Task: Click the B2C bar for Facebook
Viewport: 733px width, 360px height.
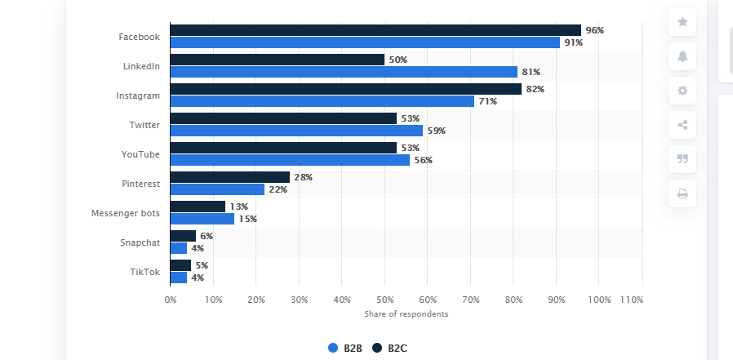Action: pyautogui.click(x=375, y=30)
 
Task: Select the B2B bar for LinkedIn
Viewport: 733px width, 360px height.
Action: pyautogui.click(x=344, y=72)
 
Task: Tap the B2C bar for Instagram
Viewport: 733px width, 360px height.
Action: pyautogui.click(x=345, y=89)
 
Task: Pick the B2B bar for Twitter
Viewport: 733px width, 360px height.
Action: pyautogui.click(x=296, y=131)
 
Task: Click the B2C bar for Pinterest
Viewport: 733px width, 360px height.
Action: pyautogui.click(x=229, y=177)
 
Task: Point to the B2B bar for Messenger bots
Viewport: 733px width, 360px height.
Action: pyautogui.click(x=202, y=219)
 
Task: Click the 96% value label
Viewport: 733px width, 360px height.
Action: pyautogui.click(x=594, y=30)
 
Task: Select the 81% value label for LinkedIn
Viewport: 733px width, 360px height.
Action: pyautogui.click(x=530, y=72)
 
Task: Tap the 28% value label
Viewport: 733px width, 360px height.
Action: pyautogui.click(x=303, y=177)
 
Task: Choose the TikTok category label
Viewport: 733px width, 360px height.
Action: pyautogui.click(x=146, y=272)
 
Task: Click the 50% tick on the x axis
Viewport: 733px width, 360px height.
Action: pyautogui.click(x=384, y=300)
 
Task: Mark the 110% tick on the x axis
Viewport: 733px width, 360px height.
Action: pyautogui.click(x=631, y=300)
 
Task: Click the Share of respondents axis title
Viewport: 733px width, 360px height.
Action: pyautogui.click(x=406, y=314)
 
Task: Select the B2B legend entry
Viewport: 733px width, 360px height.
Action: pyautogui.click(x=345, y=348)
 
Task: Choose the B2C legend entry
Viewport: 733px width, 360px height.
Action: pyautogui.click(x=389, y=348)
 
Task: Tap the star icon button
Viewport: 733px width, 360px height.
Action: pyautogui.click(x=682, y=22)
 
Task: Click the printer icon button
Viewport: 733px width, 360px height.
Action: pyautogui.click(x=682, y=193)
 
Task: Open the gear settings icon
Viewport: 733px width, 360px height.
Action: pyautogui.click(x=682, y=91)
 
